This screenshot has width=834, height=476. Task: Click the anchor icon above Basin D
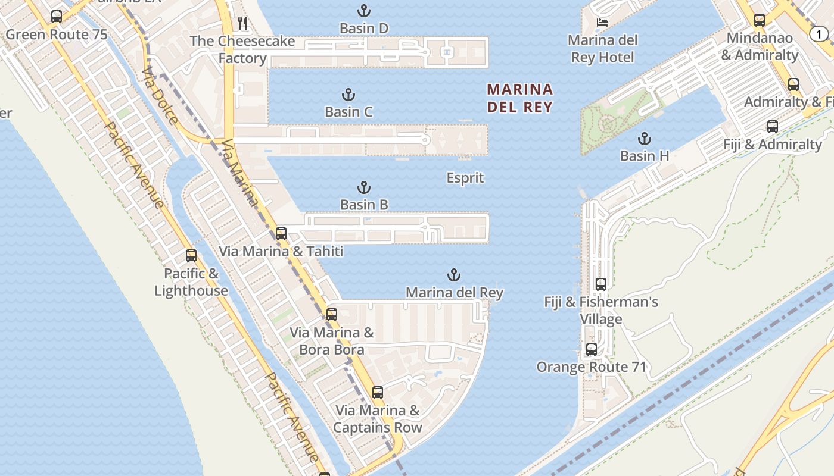coord(363,11)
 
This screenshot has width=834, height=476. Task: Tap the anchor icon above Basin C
coord(348,95)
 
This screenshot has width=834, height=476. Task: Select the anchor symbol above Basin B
coord(363,188)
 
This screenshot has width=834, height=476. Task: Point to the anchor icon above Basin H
coord(644,139)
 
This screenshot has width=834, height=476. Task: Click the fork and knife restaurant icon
coord(242,23)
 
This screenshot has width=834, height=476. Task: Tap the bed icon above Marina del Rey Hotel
coord(602,23)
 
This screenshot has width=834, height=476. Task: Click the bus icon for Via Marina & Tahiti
coord(281,234)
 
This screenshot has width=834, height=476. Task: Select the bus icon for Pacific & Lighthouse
coord(191,256)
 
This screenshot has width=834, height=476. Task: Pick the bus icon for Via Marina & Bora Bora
coord(332,315)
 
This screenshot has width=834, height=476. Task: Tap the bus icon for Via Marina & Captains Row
coord(378,393)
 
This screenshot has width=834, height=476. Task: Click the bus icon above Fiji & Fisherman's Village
coord(601,284)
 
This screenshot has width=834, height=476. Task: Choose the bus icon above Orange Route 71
coord(592,349)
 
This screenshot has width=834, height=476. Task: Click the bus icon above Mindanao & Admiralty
coord(760,20)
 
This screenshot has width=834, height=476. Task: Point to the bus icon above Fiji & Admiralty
coord(773,127)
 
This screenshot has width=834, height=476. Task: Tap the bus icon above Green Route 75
coord(57,17)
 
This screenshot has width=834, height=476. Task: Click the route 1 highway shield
coord(819,35)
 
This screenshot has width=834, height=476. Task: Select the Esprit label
coord(465,178)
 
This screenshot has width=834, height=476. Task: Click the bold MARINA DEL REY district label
coord(520,98)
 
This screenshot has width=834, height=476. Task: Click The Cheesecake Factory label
coord(242,49)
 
